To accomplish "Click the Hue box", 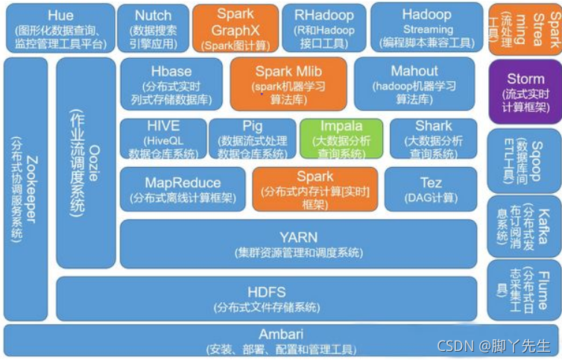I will point(60,27).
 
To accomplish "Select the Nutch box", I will point(153,27).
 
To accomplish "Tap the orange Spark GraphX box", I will point(234,28).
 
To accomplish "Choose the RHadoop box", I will point(324,27).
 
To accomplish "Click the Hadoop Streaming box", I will point(427,27).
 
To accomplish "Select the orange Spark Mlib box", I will point(288,84).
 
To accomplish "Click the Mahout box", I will point(414,84).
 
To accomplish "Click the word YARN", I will point(298,237).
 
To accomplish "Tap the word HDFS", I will point(267,291).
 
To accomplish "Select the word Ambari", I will point(280,334).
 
